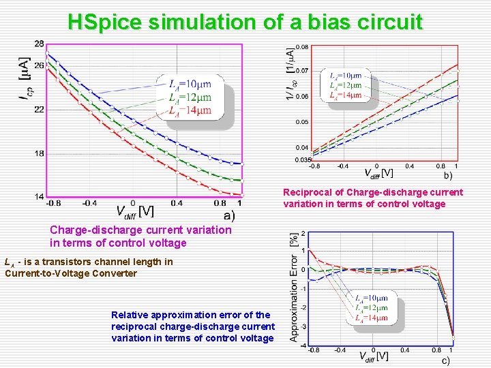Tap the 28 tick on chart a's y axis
39,44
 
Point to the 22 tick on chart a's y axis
39,110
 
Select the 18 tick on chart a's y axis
39,153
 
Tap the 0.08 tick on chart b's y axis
301,47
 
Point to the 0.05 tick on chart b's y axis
301,122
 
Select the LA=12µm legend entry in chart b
346,85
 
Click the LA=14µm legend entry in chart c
372,318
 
